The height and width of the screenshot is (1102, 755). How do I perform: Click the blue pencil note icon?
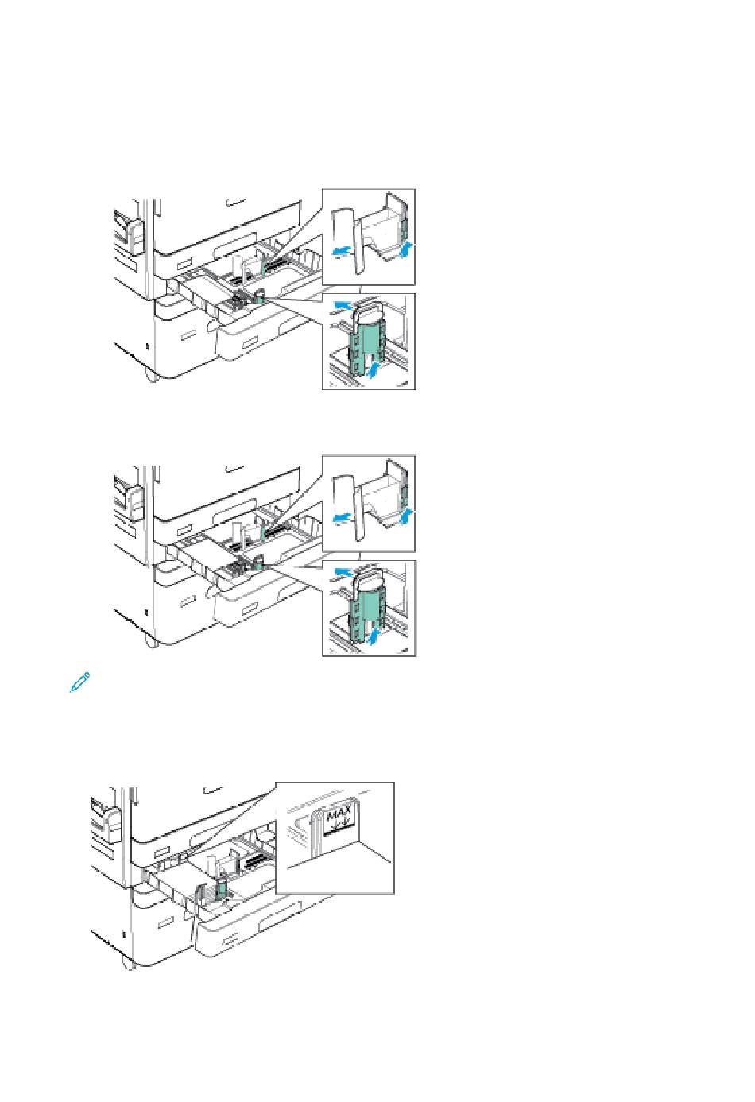(x=79, y=682)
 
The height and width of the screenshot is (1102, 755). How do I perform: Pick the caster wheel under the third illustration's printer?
(x=127, y=962)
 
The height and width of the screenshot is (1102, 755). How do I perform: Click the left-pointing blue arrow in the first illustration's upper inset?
(x=342, y=251)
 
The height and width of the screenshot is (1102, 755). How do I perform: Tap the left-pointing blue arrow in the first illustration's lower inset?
(x=344, y=306)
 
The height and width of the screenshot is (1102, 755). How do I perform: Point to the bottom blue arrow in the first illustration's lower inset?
(x=374, y=369)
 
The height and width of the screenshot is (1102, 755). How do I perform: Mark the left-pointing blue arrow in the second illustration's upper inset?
(x=342, y=517)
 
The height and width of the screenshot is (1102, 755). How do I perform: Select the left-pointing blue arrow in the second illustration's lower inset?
(x=344, y=572)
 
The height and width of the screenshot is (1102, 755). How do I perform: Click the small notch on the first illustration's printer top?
(x=235, y=202)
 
